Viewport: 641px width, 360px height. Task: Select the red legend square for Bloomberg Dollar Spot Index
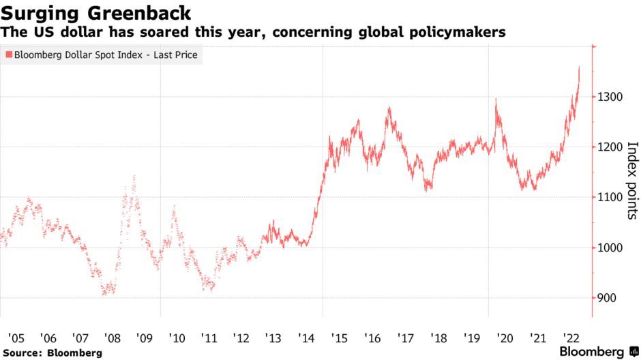(8, 55)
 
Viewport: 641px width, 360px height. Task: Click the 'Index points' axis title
(631, 181)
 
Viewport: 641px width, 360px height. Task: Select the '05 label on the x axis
(16, 337)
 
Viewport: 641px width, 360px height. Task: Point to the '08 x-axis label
(112, 337)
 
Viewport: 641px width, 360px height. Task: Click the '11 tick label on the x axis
(209, 337)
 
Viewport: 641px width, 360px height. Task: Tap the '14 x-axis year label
(306, 337)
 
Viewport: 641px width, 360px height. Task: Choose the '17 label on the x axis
(406, 337)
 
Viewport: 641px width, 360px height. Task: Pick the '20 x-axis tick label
(505, 337)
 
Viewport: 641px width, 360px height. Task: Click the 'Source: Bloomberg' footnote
(52, 352)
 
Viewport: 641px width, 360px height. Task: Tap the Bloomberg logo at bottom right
(592, 352)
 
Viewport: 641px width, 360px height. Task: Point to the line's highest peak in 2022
(579, 67)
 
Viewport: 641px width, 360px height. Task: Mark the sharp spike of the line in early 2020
(496, 100)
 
